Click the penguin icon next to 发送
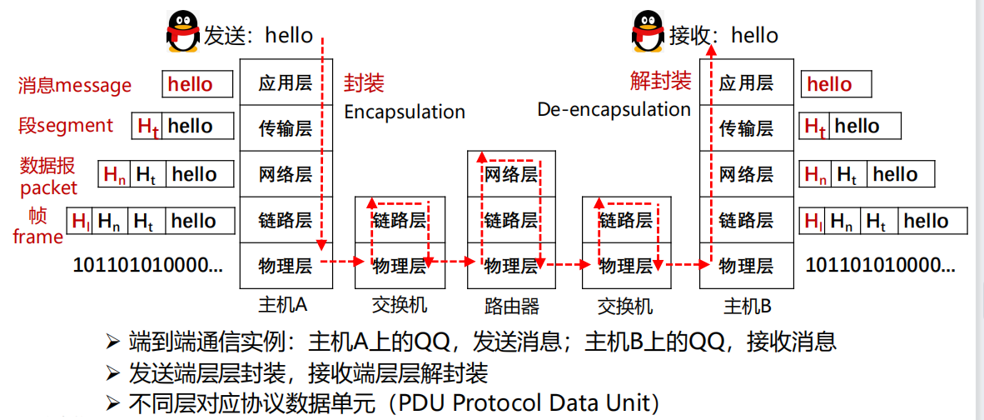tap(184, 33)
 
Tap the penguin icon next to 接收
tap(649, 33)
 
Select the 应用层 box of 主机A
tap(286, 82)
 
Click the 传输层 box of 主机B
tap(746, 128)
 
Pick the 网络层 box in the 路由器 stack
tap(511, 174)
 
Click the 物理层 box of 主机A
tap(286, 266)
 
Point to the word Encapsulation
tap(405, 112)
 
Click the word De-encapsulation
tap(614, 109)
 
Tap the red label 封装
tap(364, 83)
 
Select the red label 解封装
tap(660, 81)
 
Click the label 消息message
tap(75, 85)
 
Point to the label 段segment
tap(66, 126)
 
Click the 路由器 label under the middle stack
tap(511, 306)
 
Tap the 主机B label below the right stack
tap(746, 306)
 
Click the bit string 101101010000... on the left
tap(148, 266)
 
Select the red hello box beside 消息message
tap(197, 84)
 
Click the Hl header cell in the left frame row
tap(80, 221)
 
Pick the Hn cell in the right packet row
tap(816, 175)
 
